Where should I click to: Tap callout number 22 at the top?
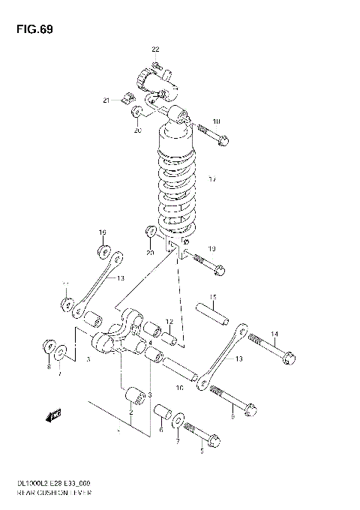(x=156, y=49)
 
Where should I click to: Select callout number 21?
(x=106, y=100)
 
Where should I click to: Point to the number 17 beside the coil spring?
(x=212, y=179)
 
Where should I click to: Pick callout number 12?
(x=169, y=322)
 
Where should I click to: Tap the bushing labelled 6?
(x=163, y=413)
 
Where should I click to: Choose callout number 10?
(x=178, y=388)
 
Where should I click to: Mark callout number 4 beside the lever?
(x=150, y=343)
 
